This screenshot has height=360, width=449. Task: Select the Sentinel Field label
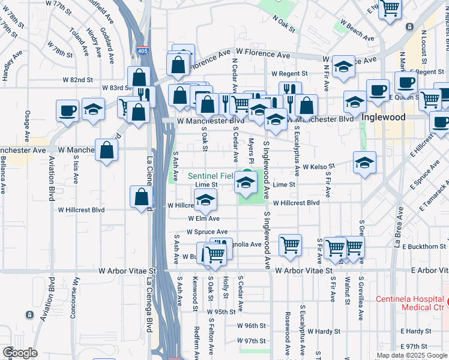(209, 176)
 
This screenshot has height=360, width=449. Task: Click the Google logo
(20, 353)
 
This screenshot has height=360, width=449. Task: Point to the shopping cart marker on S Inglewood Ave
(290, 245)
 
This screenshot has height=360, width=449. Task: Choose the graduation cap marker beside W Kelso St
(364, 163)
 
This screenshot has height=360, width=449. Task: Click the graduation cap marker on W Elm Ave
(205, 202)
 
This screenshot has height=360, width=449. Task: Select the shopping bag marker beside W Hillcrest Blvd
(141, 196)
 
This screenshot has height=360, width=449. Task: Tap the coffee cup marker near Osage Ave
(67, 110)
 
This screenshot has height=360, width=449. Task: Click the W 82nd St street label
(77, 80)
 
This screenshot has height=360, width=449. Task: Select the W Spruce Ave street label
(206, 232)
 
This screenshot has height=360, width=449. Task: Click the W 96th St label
(251, 326)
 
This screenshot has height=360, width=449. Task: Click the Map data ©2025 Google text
(411, 355)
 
